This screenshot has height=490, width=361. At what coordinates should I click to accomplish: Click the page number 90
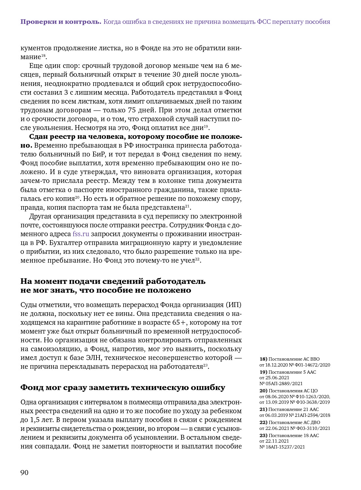tap(25, 473)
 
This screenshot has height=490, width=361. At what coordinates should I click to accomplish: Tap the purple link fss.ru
tap(81, 234)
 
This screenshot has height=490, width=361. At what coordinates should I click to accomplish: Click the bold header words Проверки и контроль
tap(61, 22)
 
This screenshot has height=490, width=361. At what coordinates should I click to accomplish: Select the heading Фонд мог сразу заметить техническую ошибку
tap(123, 387)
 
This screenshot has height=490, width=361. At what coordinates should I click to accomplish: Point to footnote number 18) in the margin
tap(263, 359)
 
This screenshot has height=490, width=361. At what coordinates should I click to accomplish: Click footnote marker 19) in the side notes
tap(263, 372)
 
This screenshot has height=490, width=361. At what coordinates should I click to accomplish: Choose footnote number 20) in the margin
tap(263, 391)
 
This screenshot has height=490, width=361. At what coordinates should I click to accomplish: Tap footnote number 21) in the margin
tap(263, 409)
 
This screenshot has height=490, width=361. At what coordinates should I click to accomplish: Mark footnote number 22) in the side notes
tap(263, 422)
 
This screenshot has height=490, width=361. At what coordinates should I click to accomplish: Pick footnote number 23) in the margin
tap(263, 435)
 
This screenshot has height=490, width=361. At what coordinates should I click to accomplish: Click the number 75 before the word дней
tap(132, 110)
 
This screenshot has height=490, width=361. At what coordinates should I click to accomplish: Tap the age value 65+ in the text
tap(180, 322)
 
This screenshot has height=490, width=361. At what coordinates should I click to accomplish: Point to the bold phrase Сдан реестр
tap(50, 137)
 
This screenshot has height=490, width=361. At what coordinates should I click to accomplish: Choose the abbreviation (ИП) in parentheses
tap(234, 305)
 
